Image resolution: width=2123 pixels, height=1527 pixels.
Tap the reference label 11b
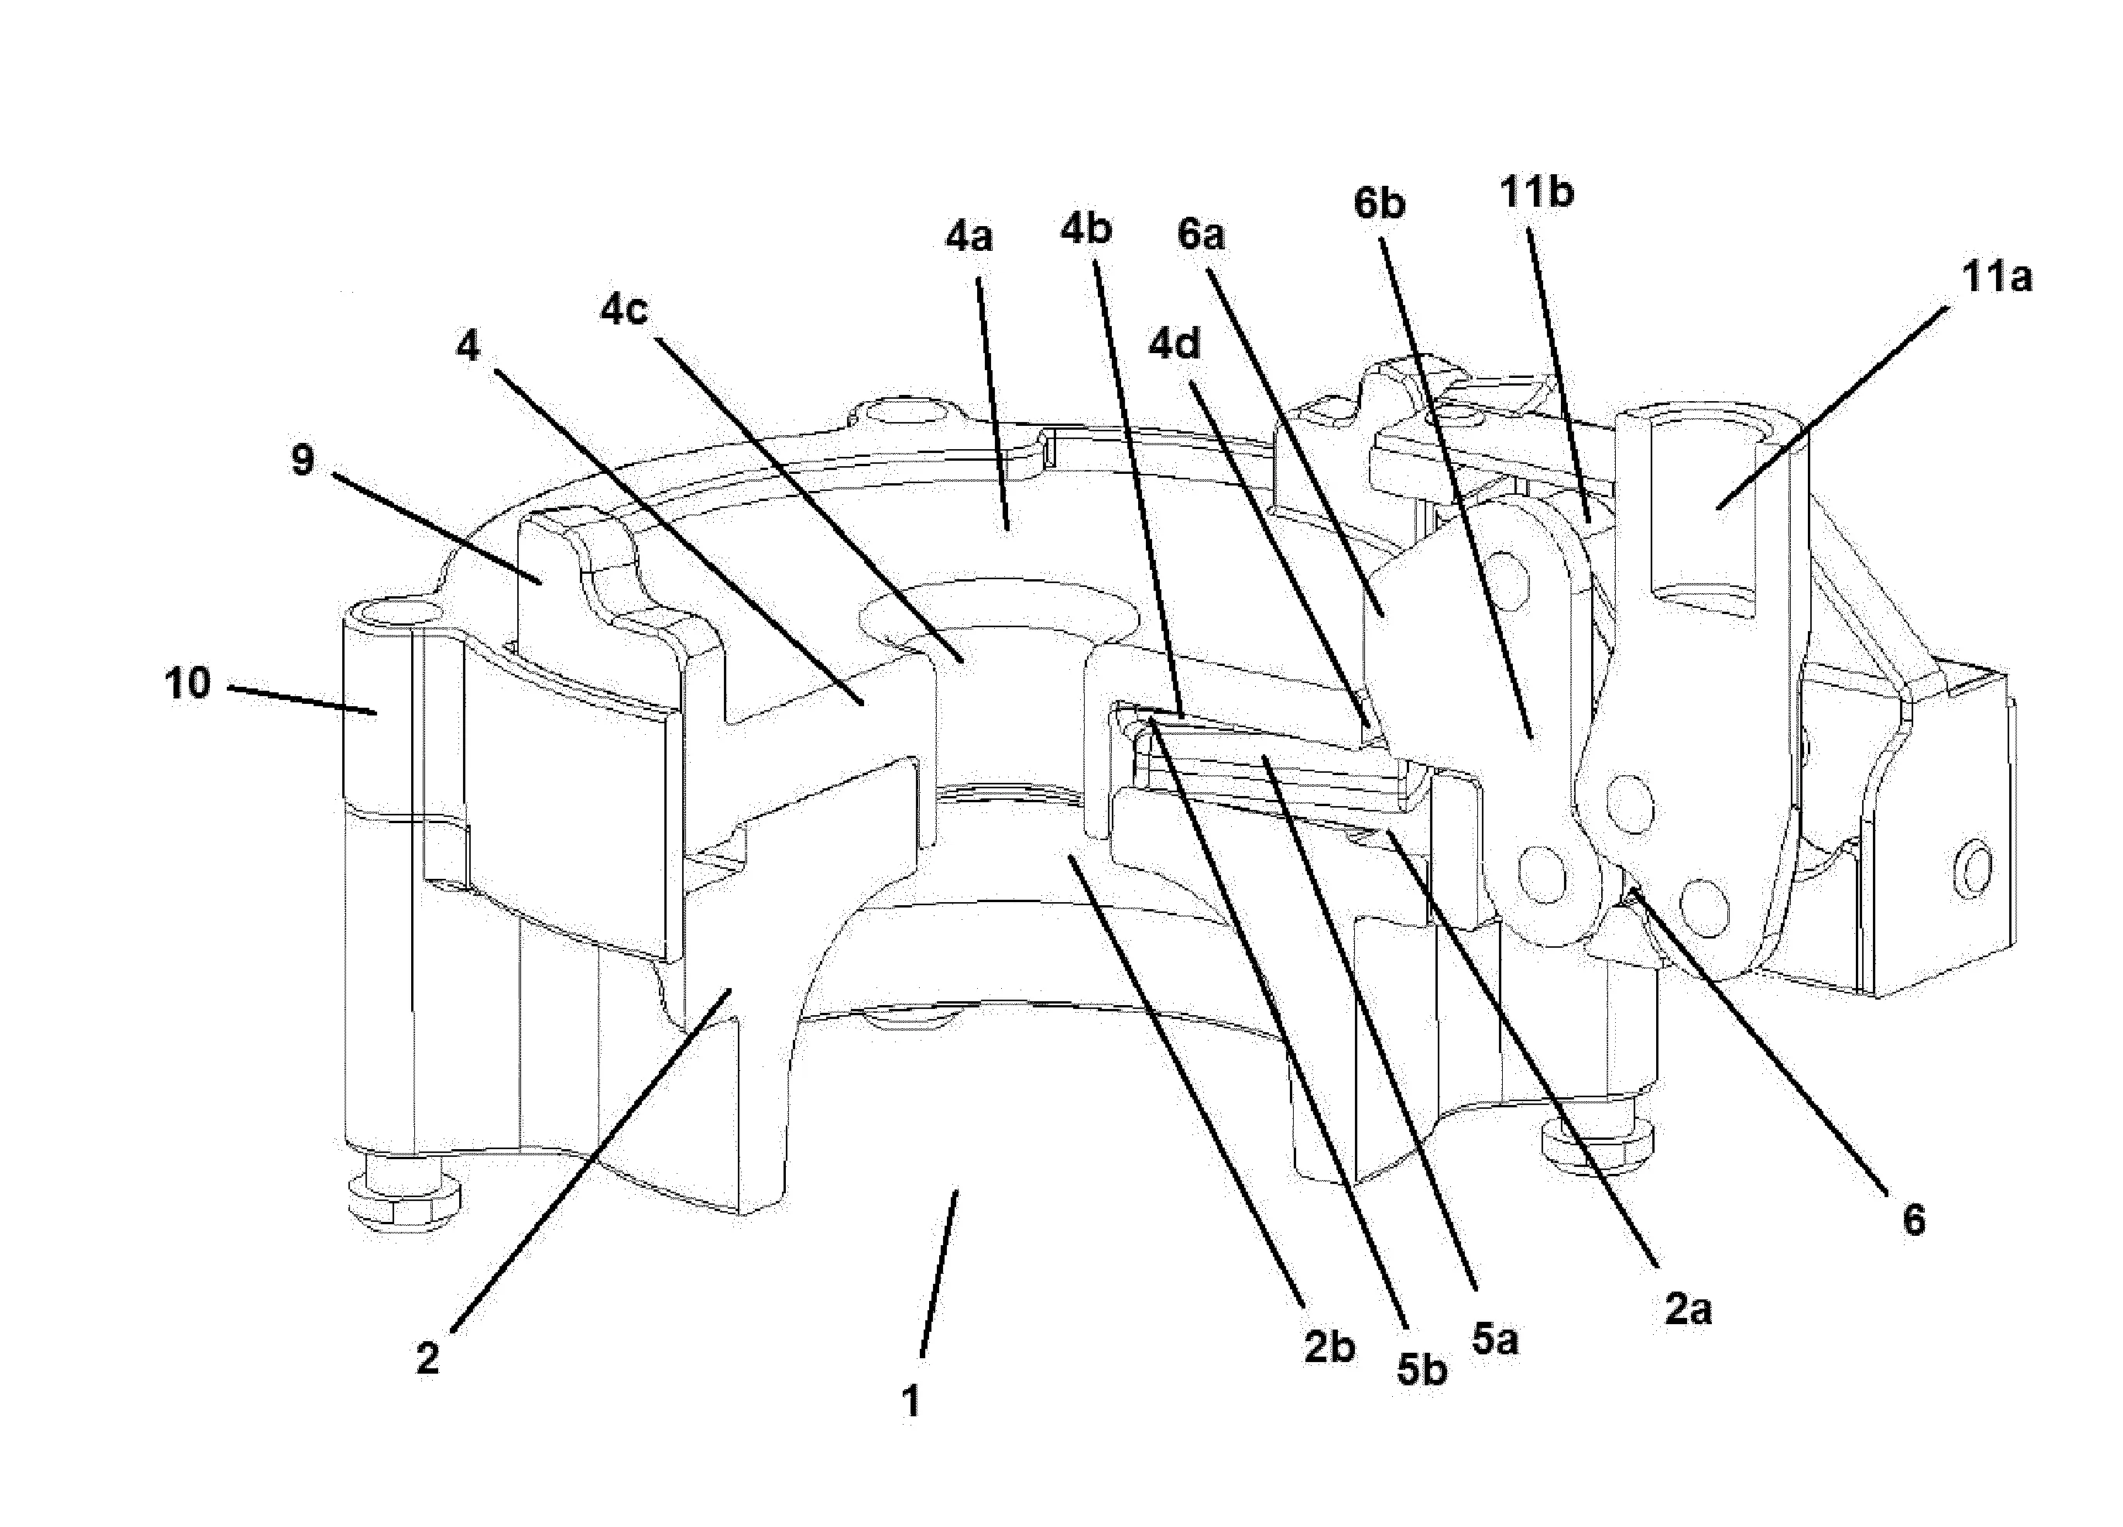[x=1537, y=192]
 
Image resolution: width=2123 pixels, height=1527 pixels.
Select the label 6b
[x=1380, y=202]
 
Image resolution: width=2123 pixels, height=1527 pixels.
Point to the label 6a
[x=1201, y=234]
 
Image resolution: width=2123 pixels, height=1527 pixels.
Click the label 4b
[x=1086, y=228]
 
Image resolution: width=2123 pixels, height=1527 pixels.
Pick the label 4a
[x=969, y=237]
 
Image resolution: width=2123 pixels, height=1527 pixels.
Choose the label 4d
[x=1174, y=345]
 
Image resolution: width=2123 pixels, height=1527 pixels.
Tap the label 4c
[x=623, y=309]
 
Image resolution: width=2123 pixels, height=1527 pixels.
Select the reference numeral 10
[x=188, y=684]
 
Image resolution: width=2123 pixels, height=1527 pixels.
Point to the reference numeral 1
[x=910, y=1402]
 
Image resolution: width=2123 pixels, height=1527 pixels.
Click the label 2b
[x=1329, y=1347]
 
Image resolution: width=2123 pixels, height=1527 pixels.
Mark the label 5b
[x=1422, y=1371]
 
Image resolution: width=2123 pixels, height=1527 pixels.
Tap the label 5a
[x=1494, y=1340]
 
